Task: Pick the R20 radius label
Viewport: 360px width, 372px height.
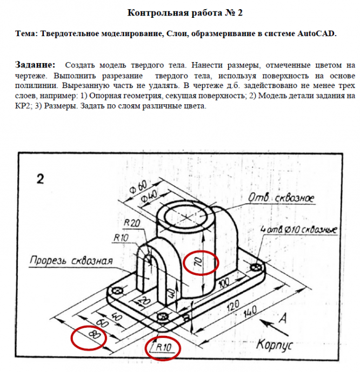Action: click(x=132, y=223)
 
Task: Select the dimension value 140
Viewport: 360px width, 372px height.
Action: click(x=250, y=313)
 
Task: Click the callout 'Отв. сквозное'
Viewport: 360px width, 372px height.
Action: click(x=281, y=199)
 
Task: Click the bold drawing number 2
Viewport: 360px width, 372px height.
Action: click(x=40, y=179)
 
